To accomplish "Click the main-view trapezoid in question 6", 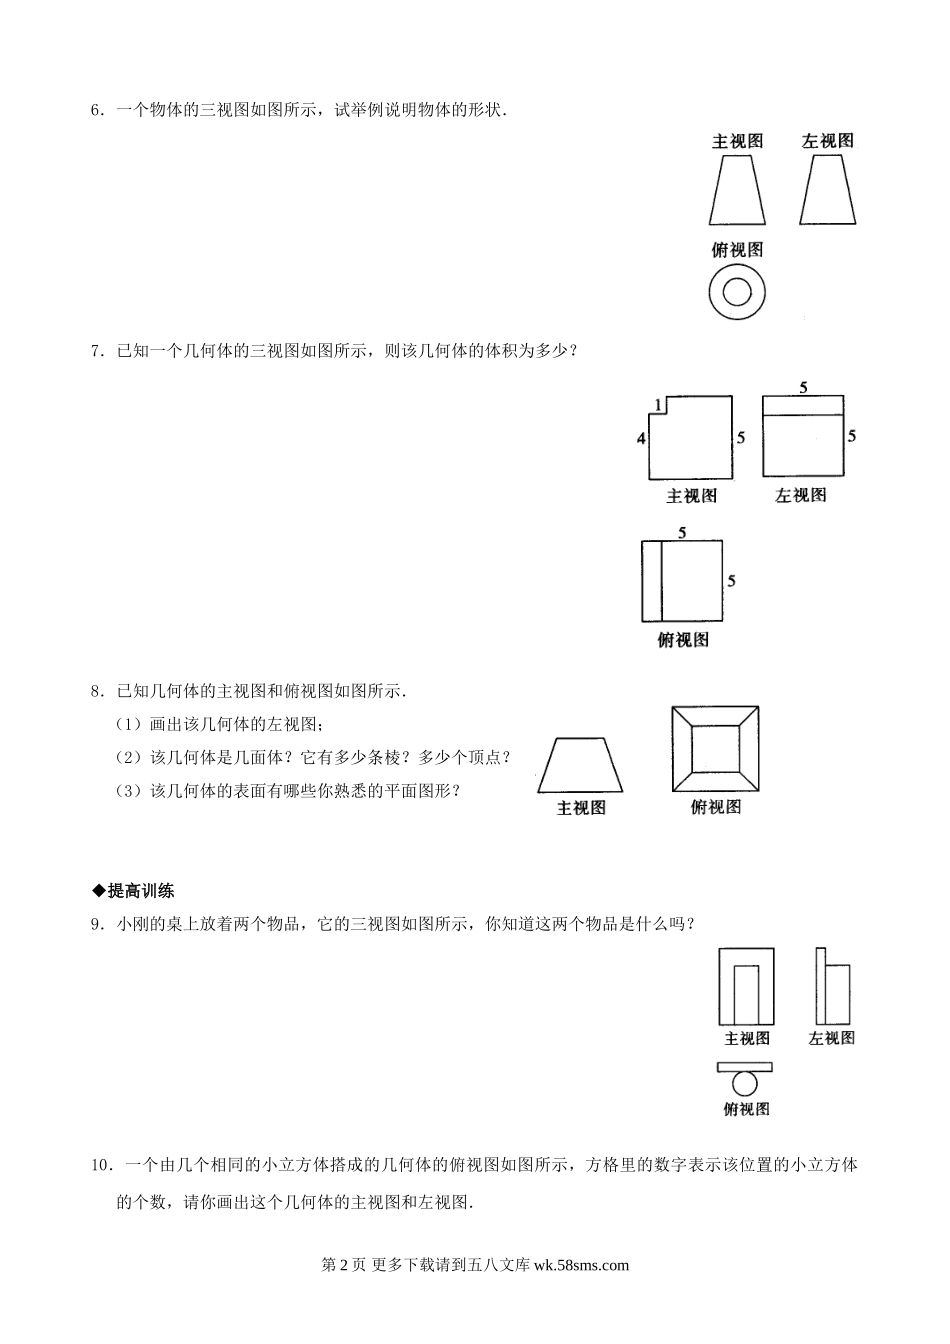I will (737, 191).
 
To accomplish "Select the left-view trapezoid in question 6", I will (827, 191).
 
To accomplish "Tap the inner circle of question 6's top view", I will (737, 291).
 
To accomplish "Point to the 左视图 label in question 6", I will (827, 142).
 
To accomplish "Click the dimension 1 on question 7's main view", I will (656, 404).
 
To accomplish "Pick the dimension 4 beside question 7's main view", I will (640, 438).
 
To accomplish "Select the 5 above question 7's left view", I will (803, 385).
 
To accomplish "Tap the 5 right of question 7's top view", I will (732, 580).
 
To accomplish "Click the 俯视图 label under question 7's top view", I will (683, 640).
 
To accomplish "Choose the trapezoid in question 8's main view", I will (581, 766).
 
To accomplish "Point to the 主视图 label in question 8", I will (581, 808).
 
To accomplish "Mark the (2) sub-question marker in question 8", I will (131, 757).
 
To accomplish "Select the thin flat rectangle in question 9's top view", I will (745, 1067).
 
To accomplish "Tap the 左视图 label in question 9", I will (832, 1038).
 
